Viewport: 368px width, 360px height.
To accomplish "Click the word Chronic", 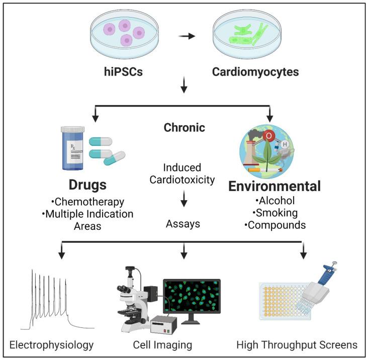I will [x=184, y=128].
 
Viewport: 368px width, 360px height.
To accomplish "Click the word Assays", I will [x=183, y=224].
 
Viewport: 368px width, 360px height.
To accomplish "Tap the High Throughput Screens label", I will [x=296, y=345].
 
